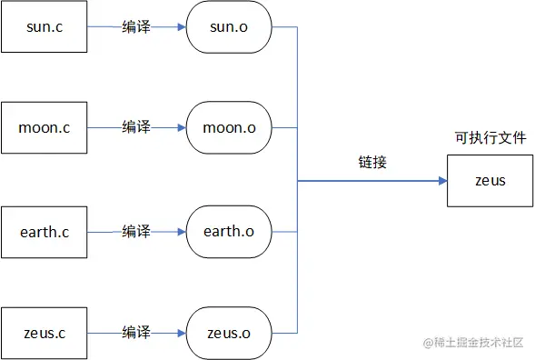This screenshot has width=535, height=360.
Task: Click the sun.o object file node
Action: coord(228,27)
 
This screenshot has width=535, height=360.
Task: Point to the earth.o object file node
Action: coord(228,231)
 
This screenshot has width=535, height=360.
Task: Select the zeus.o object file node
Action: coord(228,334)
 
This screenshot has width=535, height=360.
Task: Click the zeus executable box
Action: coord(490,180)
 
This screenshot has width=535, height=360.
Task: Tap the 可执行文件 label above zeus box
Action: coord(490,138)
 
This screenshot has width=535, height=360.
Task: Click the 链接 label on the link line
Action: coord(372,163)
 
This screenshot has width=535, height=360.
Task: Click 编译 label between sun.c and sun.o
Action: coord(136,27)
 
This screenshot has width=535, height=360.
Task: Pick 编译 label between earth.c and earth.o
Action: coord(136,231)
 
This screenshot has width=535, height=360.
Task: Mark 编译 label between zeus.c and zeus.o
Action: coord(136,334)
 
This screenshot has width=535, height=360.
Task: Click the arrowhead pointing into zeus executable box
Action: coord(442,180)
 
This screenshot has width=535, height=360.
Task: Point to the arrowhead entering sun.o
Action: coord(181,27)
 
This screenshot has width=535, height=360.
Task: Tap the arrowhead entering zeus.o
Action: coord(181,334)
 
